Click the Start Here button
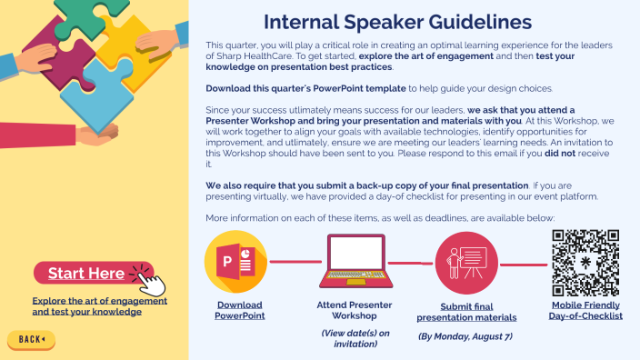point(86,274)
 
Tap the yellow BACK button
point(32,339)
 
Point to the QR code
point(585,261)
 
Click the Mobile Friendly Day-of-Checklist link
point(585,310)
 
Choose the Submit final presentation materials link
point(466,312)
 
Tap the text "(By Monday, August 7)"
point(465,336)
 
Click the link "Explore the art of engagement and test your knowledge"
point(86,305)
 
